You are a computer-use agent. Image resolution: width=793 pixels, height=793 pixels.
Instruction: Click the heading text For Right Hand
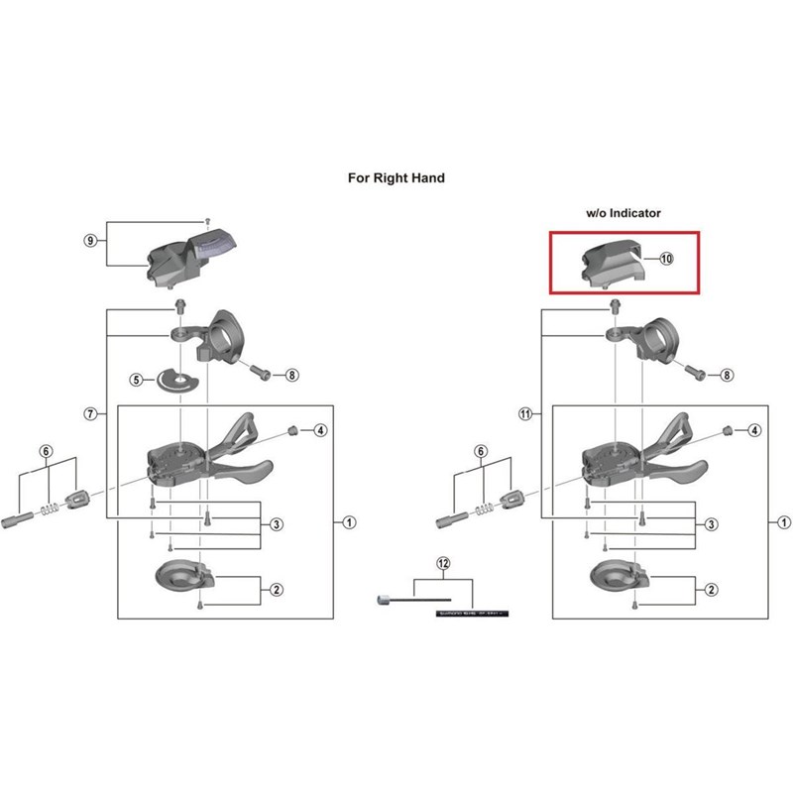(x=396, y=178)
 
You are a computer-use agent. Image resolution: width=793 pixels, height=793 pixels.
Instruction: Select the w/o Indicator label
(x=622, y=213)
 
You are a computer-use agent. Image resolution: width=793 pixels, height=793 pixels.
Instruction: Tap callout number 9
(x=90, y=241)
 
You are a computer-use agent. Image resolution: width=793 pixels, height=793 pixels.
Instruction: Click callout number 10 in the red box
(x=665, y=258)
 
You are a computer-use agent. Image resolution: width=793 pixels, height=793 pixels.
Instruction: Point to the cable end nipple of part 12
(x=382, y=600)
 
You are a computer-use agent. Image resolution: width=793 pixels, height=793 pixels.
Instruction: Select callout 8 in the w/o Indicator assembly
(x=727, y=376)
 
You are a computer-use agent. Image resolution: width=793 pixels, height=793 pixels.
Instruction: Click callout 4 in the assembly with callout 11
(x=754, y=430)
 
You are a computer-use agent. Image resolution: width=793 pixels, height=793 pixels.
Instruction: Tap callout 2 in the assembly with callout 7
(x=277, y=590)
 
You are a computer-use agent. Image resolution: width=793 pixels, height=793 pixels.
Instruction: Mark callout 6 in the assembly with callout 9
(x=45, y=451)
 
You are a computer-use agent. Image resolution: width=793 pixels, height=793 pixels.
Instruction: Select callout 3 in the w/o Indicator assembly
(x=711, y=523)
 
